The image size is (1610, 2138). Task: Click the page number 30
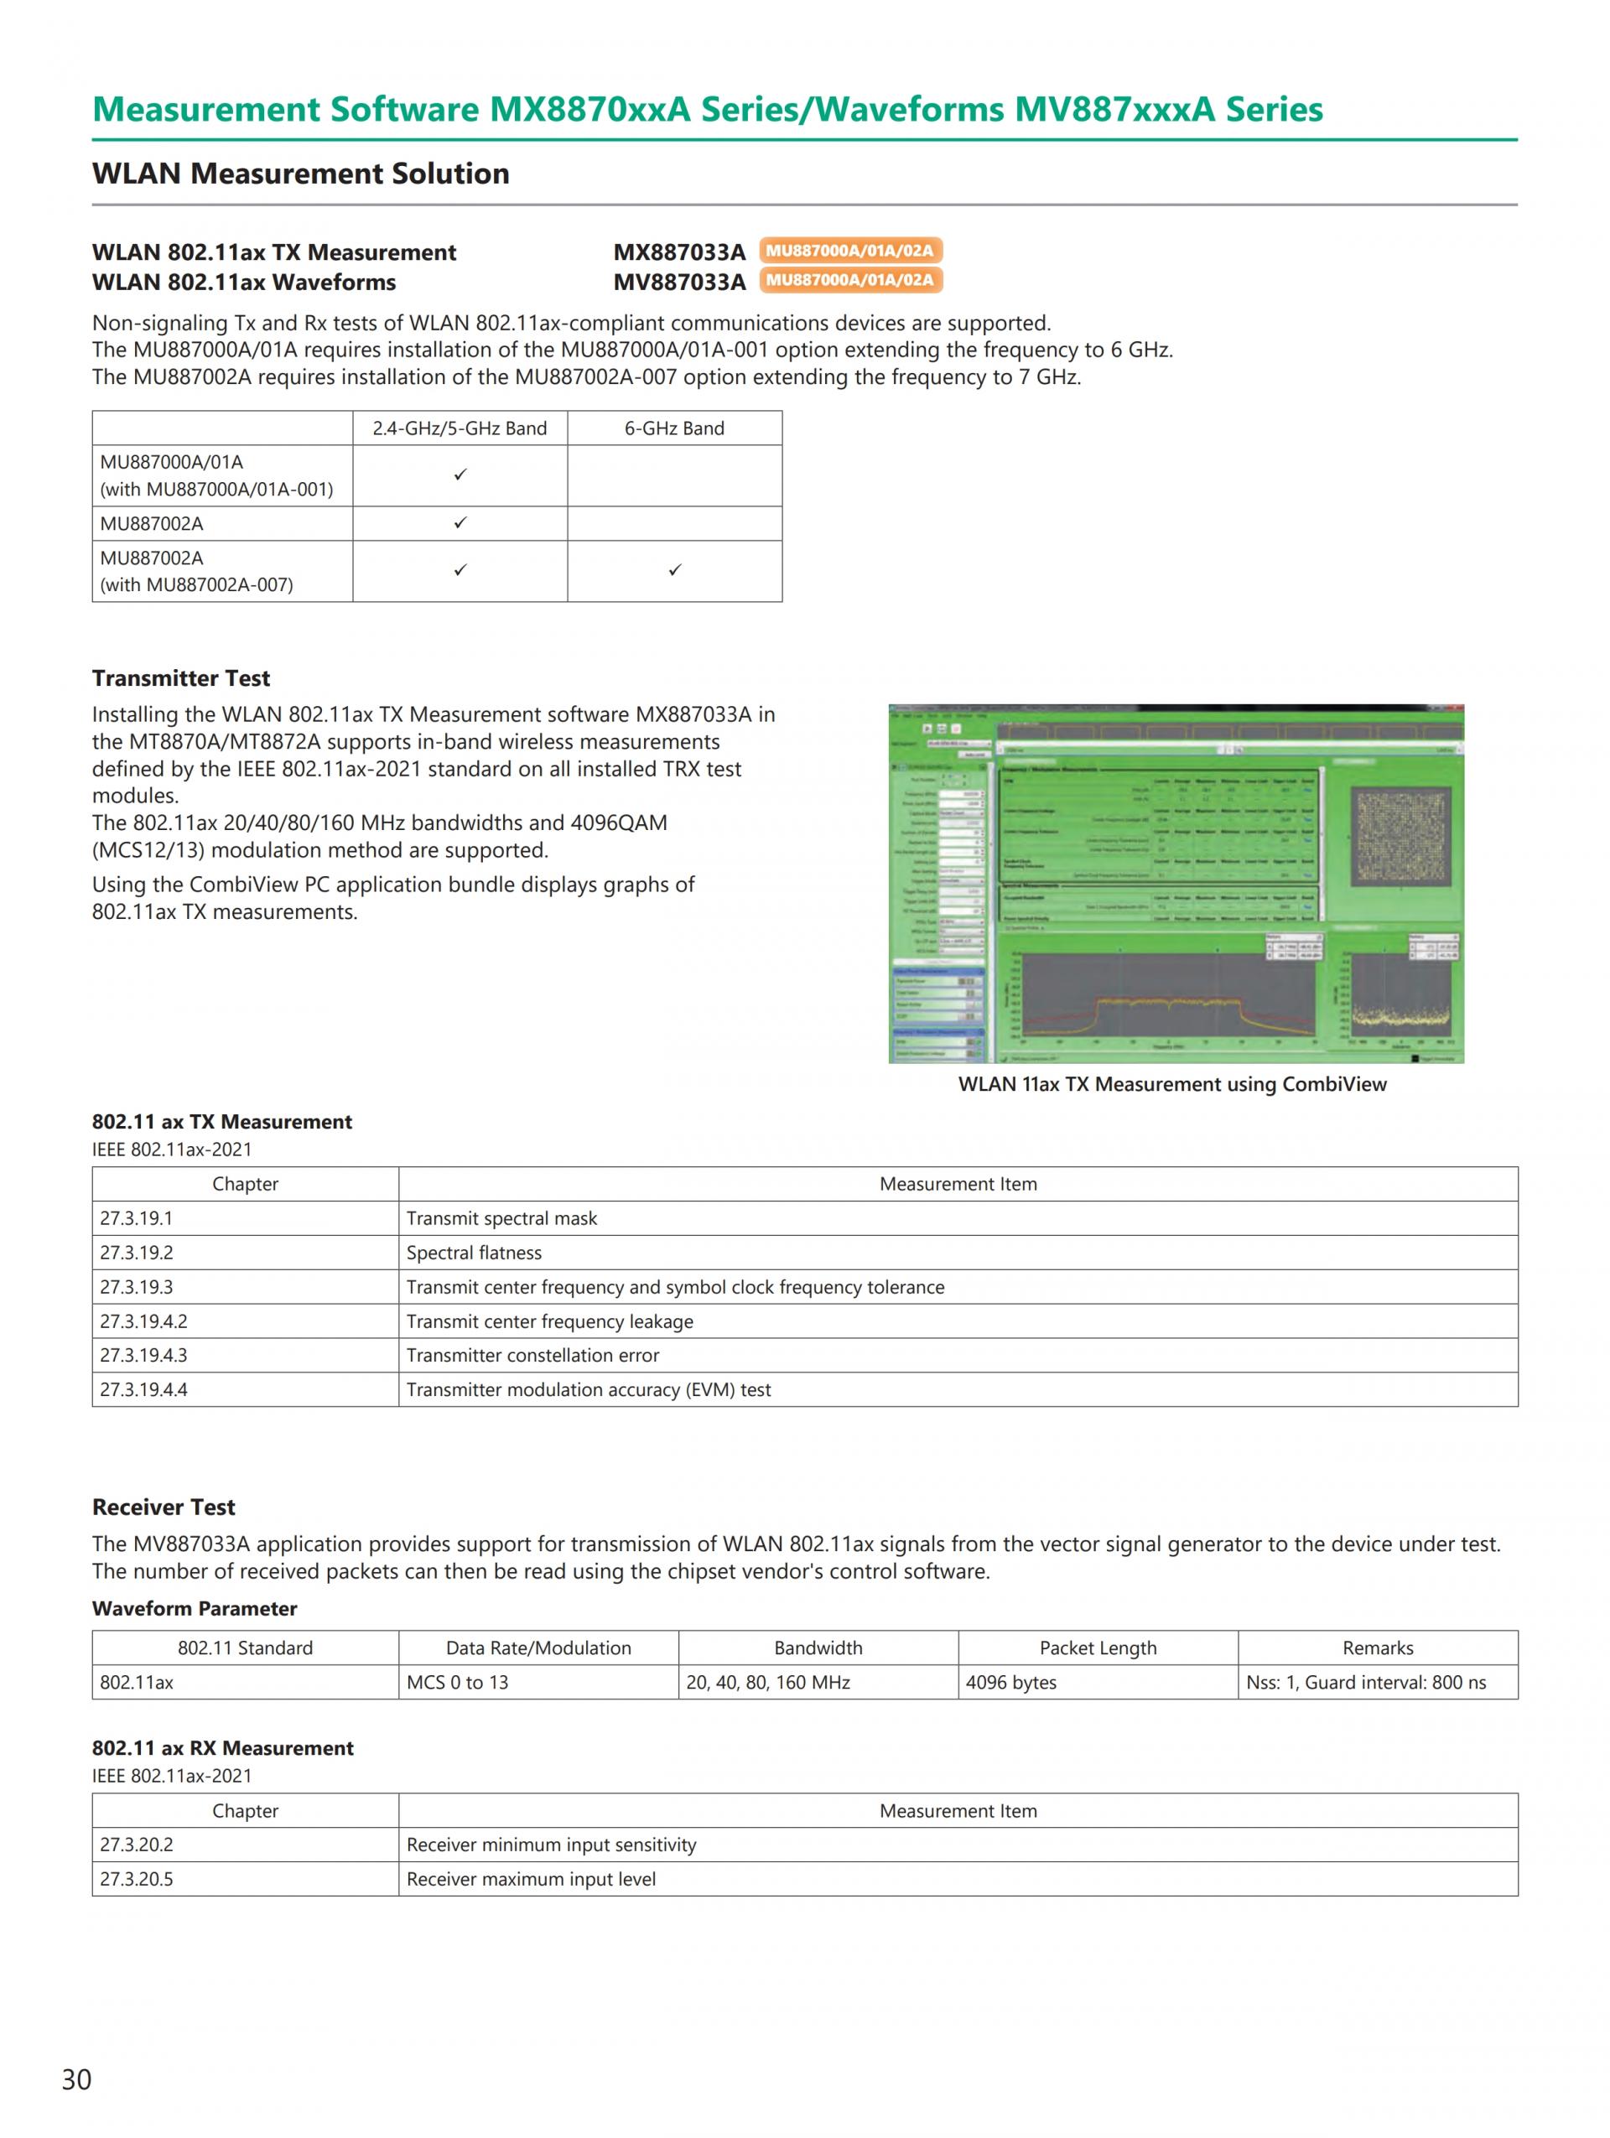[76, 2079]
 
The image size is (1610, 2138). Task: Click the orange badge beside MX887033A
[849, 251]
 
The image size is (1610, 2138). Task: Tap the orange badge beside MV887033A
[849, 280]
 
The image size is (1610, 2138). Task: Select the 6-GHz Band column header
[673, 428]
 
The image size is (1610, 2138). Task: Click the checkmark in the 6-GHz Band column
[674, 570]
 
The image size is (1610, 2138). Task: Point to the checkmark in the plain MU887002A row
[460, 523]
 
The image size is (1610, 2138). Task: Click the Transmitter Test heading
[181, 677]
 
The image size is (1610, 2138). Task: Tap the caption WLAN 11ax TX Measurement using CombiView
[1171, 1083]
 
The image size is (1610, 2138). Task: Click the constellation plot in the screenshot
[1400, 835]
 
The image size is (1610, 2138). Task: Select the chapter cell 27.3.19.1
[136, 1218]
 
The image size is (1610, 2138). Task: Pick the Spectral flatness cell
[474, 1253]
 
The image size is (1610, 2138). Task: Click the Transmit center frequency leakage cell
[549, 1321]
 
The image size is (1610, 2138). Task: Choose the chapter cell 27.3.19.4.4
[143, 1389]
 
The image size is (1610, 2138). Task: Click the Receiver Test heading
[164, 1507]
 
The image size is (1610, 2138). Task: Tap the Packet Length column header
[1097, 1648]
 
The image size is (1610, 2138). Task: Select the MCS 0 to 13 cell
[457, 1682]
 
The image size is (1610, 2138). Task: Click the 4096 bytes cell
[1010, 1682]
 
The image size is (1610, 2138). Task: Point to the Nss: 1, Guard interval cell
[1365, 1682]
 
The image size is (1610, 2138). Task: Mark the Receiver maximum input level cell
[531, 1879]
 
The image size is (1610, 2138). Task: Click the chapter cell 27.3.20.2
[136, 1845]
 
